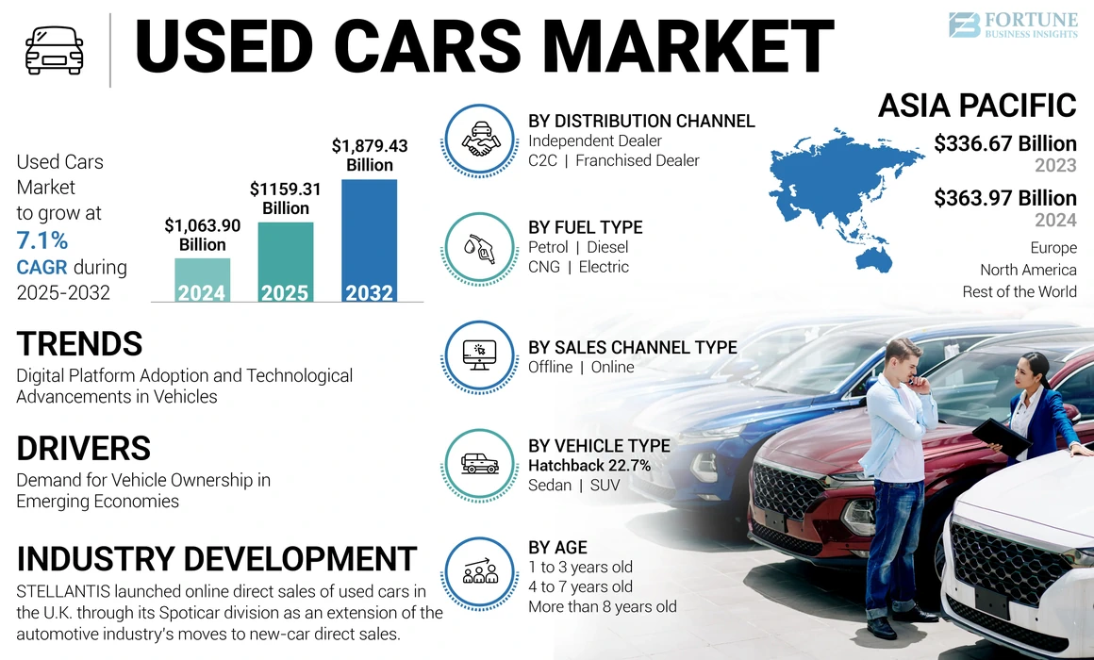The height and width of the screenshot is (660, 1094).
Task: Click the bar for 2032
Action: (369, 240)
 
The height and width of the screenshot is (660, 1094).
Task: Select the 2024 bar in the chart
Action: (202, 280)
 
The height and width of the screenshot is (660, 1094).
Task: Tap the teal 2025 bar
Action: (285, 262)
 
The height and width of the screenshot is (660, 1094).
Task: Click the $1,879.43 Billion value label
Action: (370, 156)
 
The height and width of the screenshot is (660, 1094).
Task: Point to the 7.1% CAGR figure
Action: (41, 240)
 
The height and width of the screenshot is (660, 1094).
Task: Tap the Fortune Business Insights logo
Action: (1011, 25)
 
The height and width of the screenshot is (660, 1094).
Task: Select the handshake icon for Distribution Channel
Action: (480, 141)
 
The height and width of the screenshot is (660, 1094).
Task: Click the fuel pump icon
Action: (480, 248)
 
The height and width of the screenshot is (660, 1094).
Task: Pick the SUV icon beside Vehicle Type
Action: (480, 464)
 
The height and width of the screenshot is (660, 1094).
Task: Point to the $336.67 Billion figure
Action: (1004, 144)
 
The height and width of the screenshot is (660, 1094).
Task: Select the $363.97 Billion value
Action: (1004, 198)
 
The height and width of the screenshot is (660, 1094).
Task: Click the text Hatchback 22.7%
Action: (589, 466)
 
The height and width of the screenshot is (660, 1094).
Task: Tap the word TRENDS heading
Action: (79, 343)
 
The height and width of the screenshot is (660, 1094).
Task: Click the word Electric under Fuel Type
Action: (604, 267)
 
